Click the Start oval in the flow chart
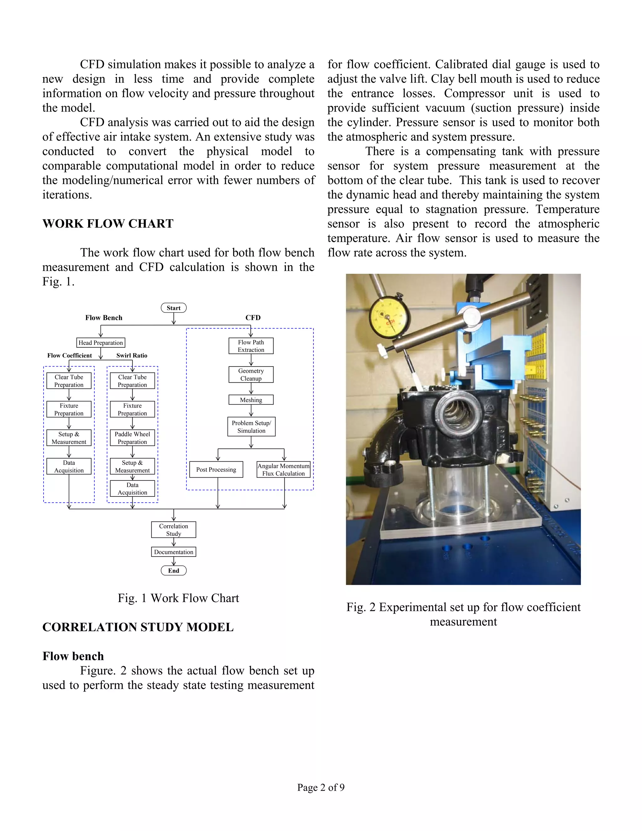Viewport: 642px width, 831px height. (173, 308)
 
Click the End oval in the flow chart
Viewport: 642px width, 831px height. (173, 570)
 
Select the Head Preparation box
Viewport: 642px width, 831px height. (101, 343)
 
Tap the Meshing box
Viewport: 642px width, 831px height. (251, 400)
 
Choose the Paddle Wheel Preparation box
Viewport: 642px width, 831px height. (132, 438)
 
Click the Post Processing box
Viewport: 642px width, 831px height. (216, 469)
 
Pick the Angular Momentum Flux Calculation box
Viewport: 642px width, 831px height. (284, 469)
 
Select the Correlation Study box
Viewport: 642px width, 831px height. (173, 530)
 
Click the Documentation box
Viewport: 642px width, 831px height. (173, 552)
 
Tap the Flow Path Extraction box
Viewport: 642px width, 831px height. (251, 346)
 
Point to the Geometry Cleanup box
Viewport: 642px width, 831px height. (251, 374)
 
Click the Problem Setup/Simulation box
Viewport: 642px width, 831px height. (251, 426)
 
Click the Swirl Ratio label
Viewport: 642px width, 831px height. (132, 355)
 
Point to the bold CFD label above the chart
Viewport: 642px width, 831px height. (253, 318)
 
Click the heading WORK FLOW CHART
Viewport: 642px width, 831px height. (108, 224)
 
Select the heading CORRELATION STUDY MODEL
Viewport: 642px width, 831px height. (138, 627)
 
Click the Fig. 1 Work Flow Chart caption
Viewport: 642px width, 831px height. (178, 598)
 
